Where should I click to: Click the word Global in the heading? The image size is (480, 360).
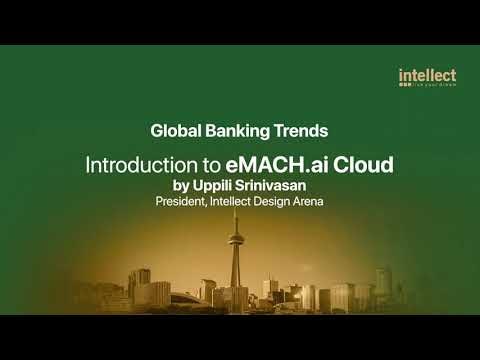174,130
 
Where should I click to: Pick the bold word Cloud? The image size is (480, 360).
364,163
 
